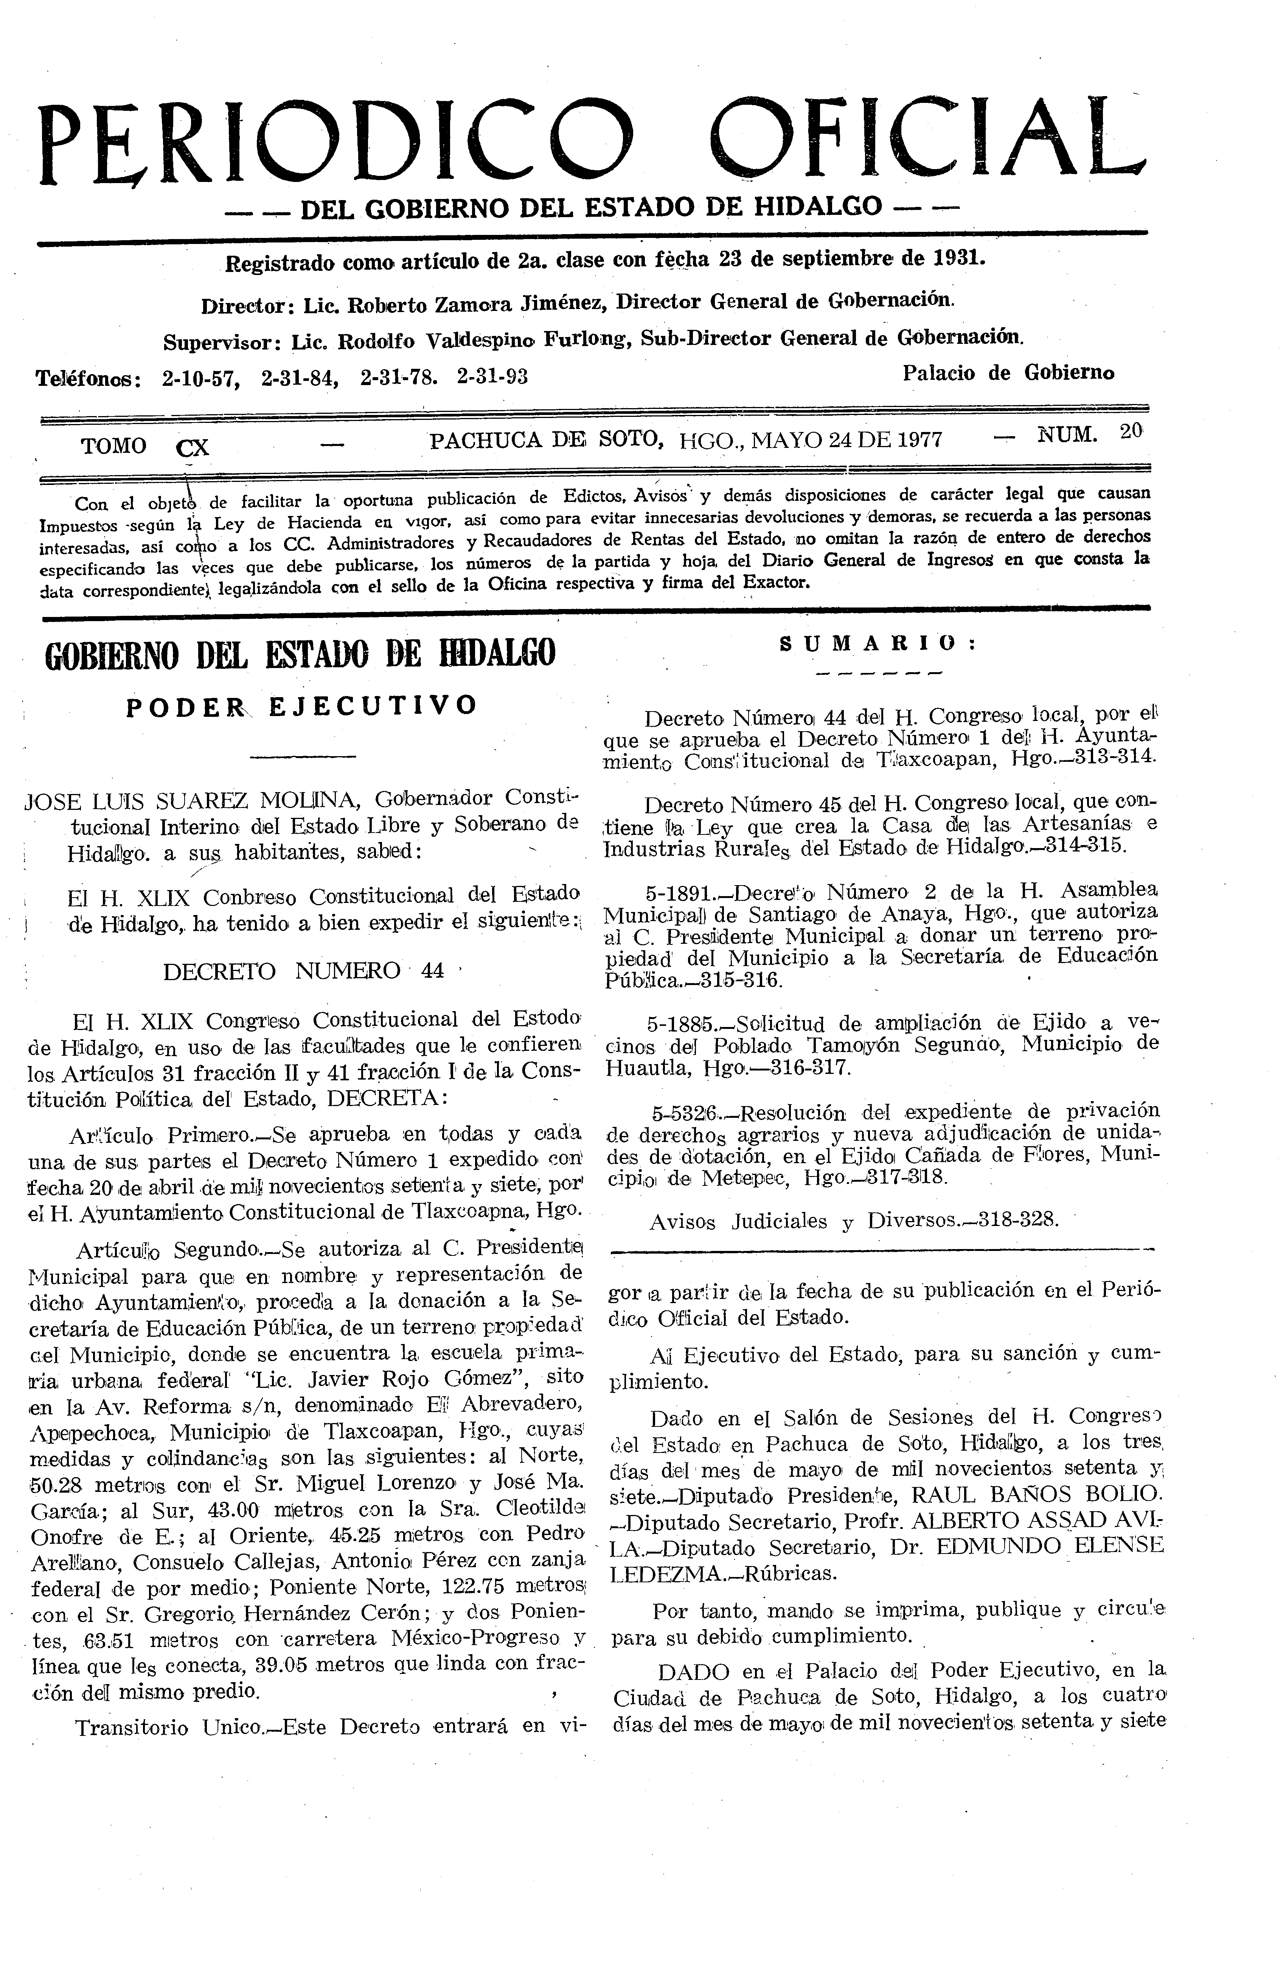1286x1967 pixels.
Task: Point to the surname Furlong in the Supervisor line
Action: pyautogui.click(x=590, y=339)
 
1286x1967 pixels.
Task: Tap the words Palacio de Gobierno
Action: pyautogui.click(x=1008, y=373)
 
